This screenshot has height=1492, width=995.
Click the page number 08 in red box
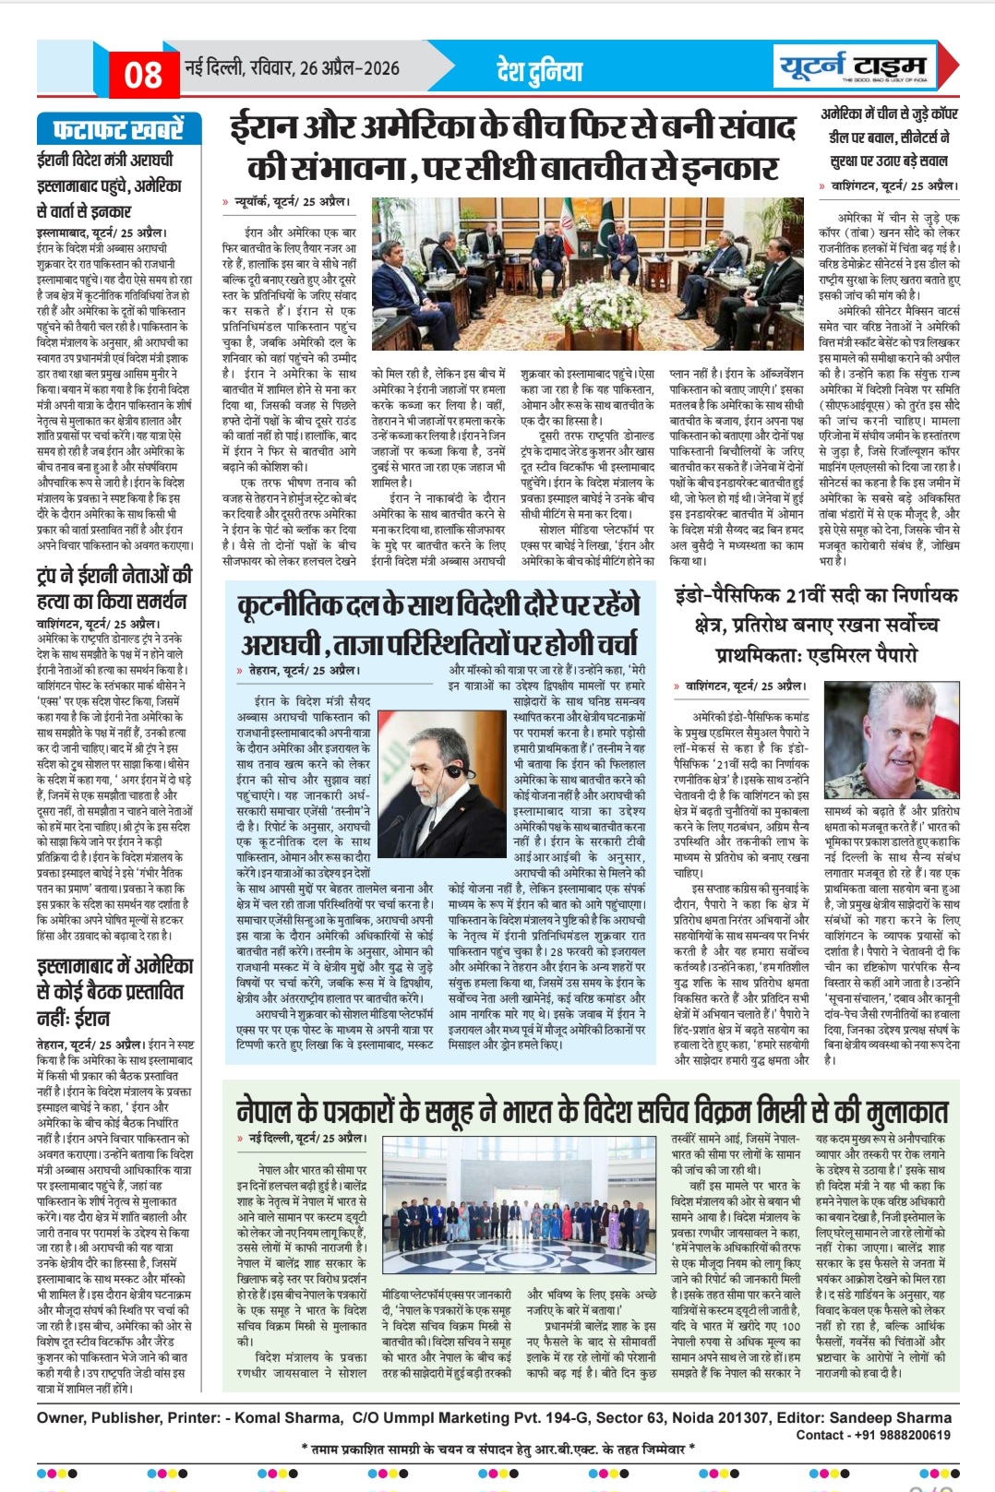[x=143, y=74]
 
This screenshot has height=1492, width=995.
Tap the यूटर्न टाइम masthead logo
[x=851, y=67]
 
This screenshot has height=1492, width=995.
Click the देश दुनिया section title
[x=540, y=70]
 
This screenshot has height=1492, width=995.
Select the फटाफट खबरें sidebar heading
[x=118, y=129]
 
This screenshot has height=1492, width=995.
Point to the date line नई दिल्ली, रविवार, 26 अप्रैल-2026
[x=292, y=68]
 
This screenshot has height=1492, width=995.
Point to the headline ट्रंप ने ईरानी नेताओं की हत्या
[x=114, y=588]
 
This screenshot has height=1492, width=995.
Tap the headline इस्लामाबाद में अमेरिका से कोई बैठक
[x=114, y=992]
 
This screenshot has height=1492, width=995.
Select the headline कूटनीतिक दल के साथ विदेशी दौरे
[x=438, y=624]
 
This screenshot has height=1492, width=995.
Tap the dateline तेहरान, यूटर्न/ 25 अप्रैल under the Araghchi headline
[x=305, y=670]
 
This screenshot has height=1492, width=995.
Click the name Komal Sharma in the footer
[x=288, y=1417]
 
